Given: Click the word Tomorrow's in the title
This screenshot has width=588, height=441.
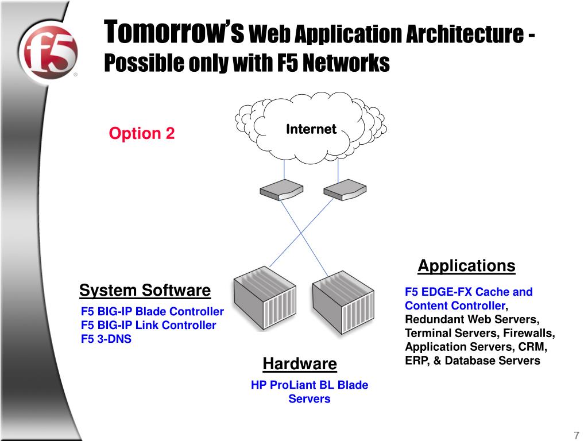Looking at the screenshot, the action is point(175,33).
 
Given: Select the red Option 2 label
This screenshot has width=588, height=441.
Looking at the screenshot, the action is point(142,134).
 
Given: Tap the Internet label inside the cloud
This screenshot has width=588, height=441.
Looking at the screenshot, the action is point(311,129).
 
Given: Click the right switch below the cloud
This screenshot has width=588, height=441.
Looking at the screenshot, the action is point(344,189).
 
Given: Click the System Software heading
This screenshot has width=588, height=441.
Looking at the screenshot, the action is point(145,291).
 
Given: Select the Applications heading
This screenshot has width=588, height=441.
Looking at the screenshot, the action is point(466,266).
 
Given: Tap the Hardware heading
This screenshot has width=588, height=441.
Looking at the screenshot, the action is point(300,364).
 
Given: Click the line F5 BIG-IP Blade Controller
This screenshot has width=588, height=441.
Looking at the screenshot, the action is point(152,312).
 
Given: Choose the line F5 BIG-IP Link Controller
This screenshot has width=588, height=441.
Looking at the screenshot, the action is point(148,326).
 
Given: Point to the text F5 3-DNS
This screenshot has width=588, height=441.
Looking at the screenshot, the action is point(106,339).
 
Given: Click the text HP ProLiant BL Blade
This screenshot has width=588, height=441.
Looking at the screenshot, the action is point(310,385).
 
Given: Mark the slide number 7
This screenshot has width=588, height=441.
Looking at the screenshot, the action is point(575,434).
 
